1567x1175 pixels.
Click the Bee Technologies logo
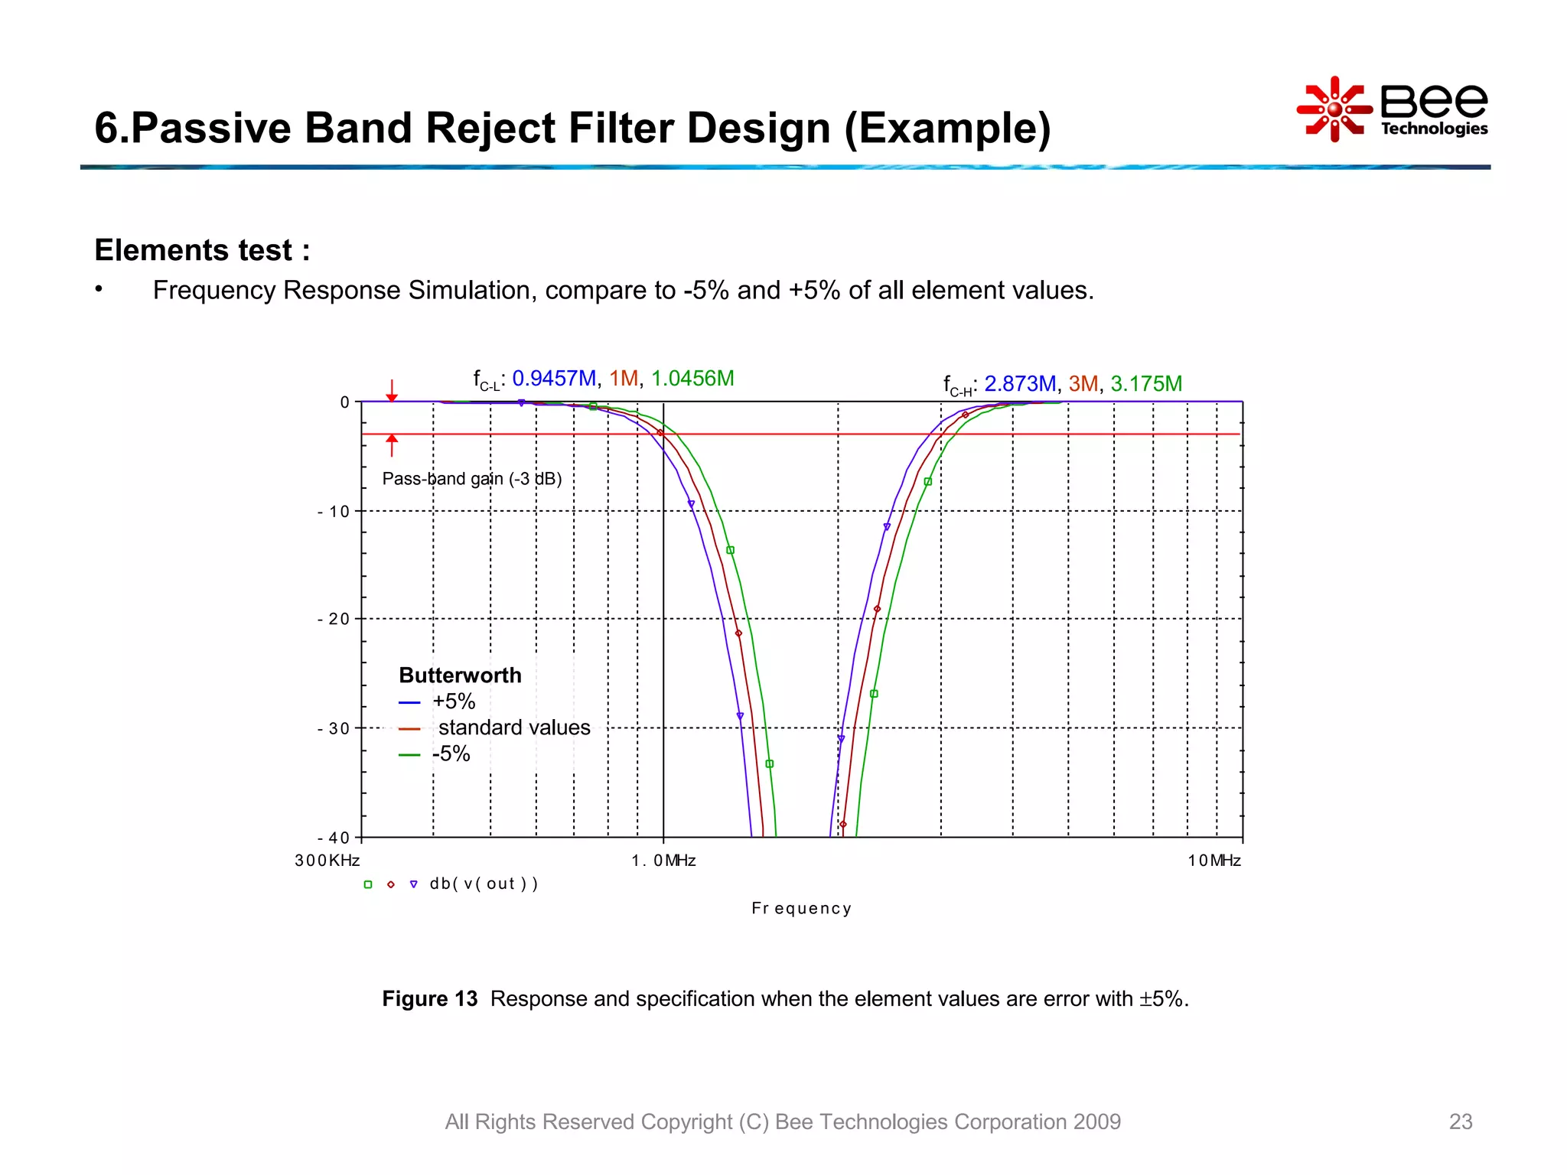pyautogui.click(x=1393, y=109)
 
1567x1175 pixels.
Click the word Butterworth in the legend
pyautogui.click(x=460, y=675)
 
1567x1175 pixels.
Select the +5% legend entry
pyautogui.click(x=453, y=701)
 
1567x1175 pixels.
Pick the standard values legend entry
pyautogui.click(x=513, y=727)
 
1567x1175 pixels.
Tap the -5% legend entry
pyautogui.click(x=451, y=754)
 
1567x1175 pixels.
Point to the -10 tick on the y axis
pyautogui.click(x=334, y=512)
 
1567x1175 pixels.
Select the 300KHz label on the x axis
pyautogui.click(x=327, y=861)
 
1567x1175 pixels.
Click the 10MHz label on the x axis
pyautogui.click(x=1214, y=861)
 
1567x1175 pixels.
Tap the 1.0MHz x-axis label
pyautogui.click(x=663, y=861)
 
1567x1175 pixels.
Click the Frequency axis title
pyautogui.click(x=801, y=909)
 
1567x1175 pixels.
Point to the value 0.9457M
pyautogui.click(x=554, y=379)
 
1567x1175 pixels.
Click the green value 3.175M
pyautogui.click(x=1146, y=384)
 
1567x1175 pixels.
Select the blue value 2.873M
pyautogui.click(x=1020, y=384)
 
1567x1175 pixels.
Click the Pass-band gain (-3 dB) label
pyautogui.click(x=472, y=479)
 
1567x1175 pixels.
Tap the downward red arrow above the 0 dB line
pyautogui.click(x=392, y=391)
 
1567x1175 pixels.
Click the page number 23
pyautogui.click(x=1460, y=1121)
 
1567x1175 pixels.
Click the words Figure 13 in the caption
pyautogui.click(x=429, y=999)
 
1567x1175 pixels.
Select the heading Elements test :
pyautogui.click(x=202, y=250)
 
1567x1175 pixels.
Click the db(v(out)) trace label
pyautogui.click(x=484, y=884)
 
